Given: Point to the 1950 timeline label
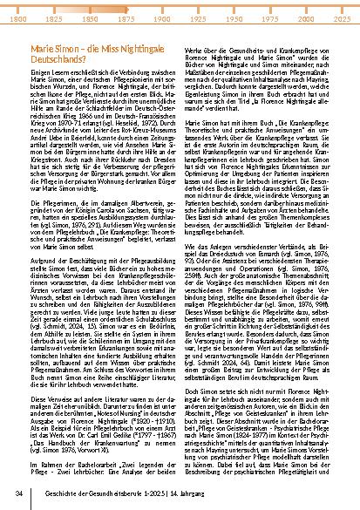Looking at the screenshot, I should click(x=233, y=17).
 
